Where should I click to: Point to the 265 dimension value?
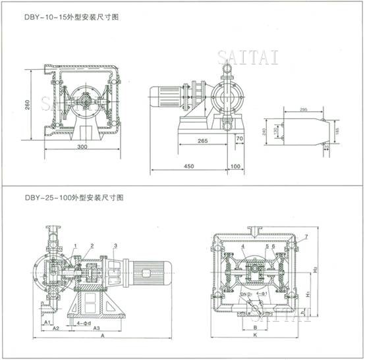202,140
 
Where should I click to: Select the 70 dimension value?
239,140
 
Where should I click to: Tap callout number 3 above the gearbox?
116,245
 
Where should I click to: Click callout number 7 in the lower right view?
306,236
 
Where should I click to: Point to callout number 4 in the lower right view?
243,246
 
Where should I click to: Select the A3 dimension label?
96,327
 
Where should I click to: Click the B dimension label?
255,326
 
